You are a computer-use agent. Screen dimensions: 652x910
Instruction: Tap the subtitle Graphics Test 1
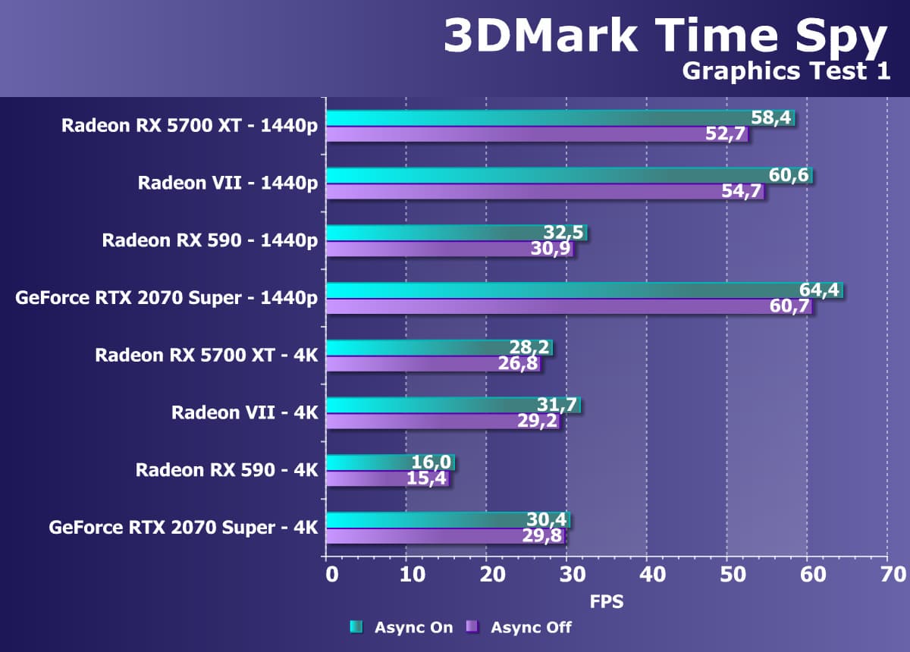point(785,71)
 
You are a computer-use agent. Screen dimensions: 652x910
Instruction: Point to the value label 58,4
point(771,118)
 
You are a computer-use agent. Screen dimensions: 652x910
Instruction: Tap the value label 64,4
point(820,290)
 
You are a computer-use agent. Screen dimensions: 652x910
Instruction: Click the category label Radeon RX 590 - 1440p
point(210,241)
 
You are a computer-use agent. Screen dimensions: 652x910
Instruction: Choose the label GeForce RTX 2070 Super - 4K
point(184,526)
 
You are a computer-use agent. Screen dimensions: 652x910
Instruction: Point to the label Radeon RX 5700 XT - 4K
point(206,355)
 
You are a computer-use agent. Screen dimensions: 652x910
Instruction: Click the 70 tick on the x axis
point(887,573)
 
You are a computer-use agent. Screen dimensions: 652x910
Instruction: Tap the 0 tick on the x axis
point(331,573)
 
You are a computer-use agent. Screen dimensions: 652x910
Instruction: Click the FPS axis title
point(607,602)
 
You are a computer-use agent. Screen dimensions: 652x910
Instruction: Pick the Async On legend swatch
point(356,627)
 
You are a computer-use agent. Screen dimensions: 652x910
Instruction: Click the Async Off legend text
point(531,627)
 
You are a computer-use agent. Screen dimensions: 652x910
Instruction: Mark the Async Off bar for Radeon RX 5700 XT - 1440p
point(531,135)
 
